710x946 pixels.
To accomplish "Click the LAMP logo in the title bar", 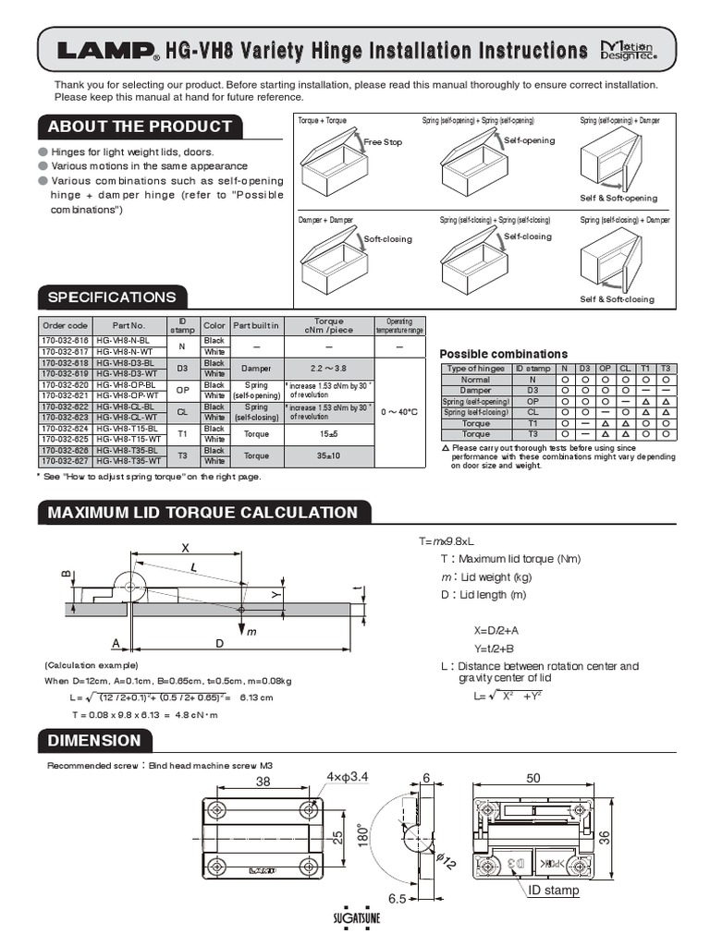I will pos(103,52).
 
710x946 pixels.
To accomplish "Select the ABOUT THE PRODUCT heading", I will pos(140,127).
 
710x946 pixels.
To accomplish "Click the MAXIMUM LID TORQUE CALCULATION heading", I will pos(202,513).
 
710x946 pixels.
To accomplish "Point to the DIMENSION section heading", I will pos(94,740).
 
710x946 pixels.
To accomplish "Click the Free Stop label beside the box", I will pos(383,143).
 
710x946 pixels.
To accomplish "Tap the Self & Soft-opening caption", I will pos(618,198).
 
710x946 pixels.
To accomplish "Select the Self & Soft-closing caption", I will pos(617,299).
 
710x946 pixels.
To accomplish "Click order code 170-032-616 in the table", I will pos(65,341).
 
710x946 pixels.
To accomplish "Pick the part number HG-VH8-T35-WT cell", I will pos(129,460).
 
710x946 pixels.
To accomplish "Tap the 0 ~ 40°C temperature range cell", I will pos(399,411).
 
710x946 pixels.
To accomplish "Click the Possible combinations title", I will pos(503,354).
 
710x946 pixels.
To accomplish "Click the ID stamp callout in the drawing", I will pos(554,891).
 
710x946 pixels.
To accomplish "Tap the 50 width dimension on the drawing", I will pos(533,779).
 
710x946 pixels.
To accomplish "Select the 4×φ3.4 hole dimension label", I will pos(348,777).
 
